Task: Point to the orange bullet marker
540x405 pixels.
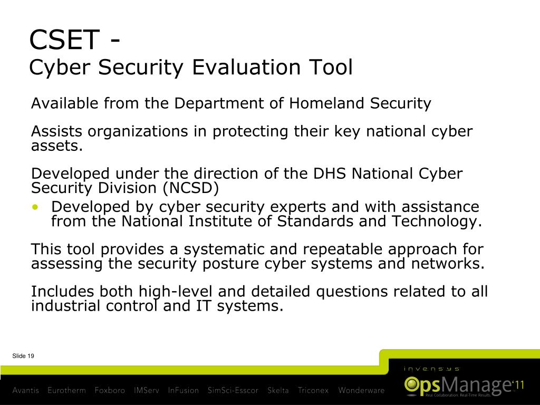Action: pos(35,207)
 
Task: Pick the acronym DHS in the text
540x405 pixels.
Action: pos(331,173)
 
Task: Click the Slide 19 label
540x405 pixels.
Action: pos(23,356)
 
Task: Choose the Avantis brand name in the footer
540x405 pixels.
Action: pos(26,391)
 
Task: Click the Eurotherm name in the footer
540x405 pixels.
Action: pos(66,391)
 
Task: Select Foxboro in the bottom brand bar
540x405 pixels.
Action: pos(110,391)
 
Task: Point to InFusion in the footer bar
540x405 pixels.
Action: pos(183,391)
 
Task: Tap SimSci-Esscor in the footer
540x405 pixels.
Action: pos(233,391)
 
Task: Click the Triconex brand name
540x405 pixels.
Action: pos(313,391)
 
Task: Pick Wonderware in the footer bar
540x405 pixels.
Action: pos(361,391)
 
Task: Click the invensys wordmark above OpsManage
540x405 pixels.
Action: pos(431,369)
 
